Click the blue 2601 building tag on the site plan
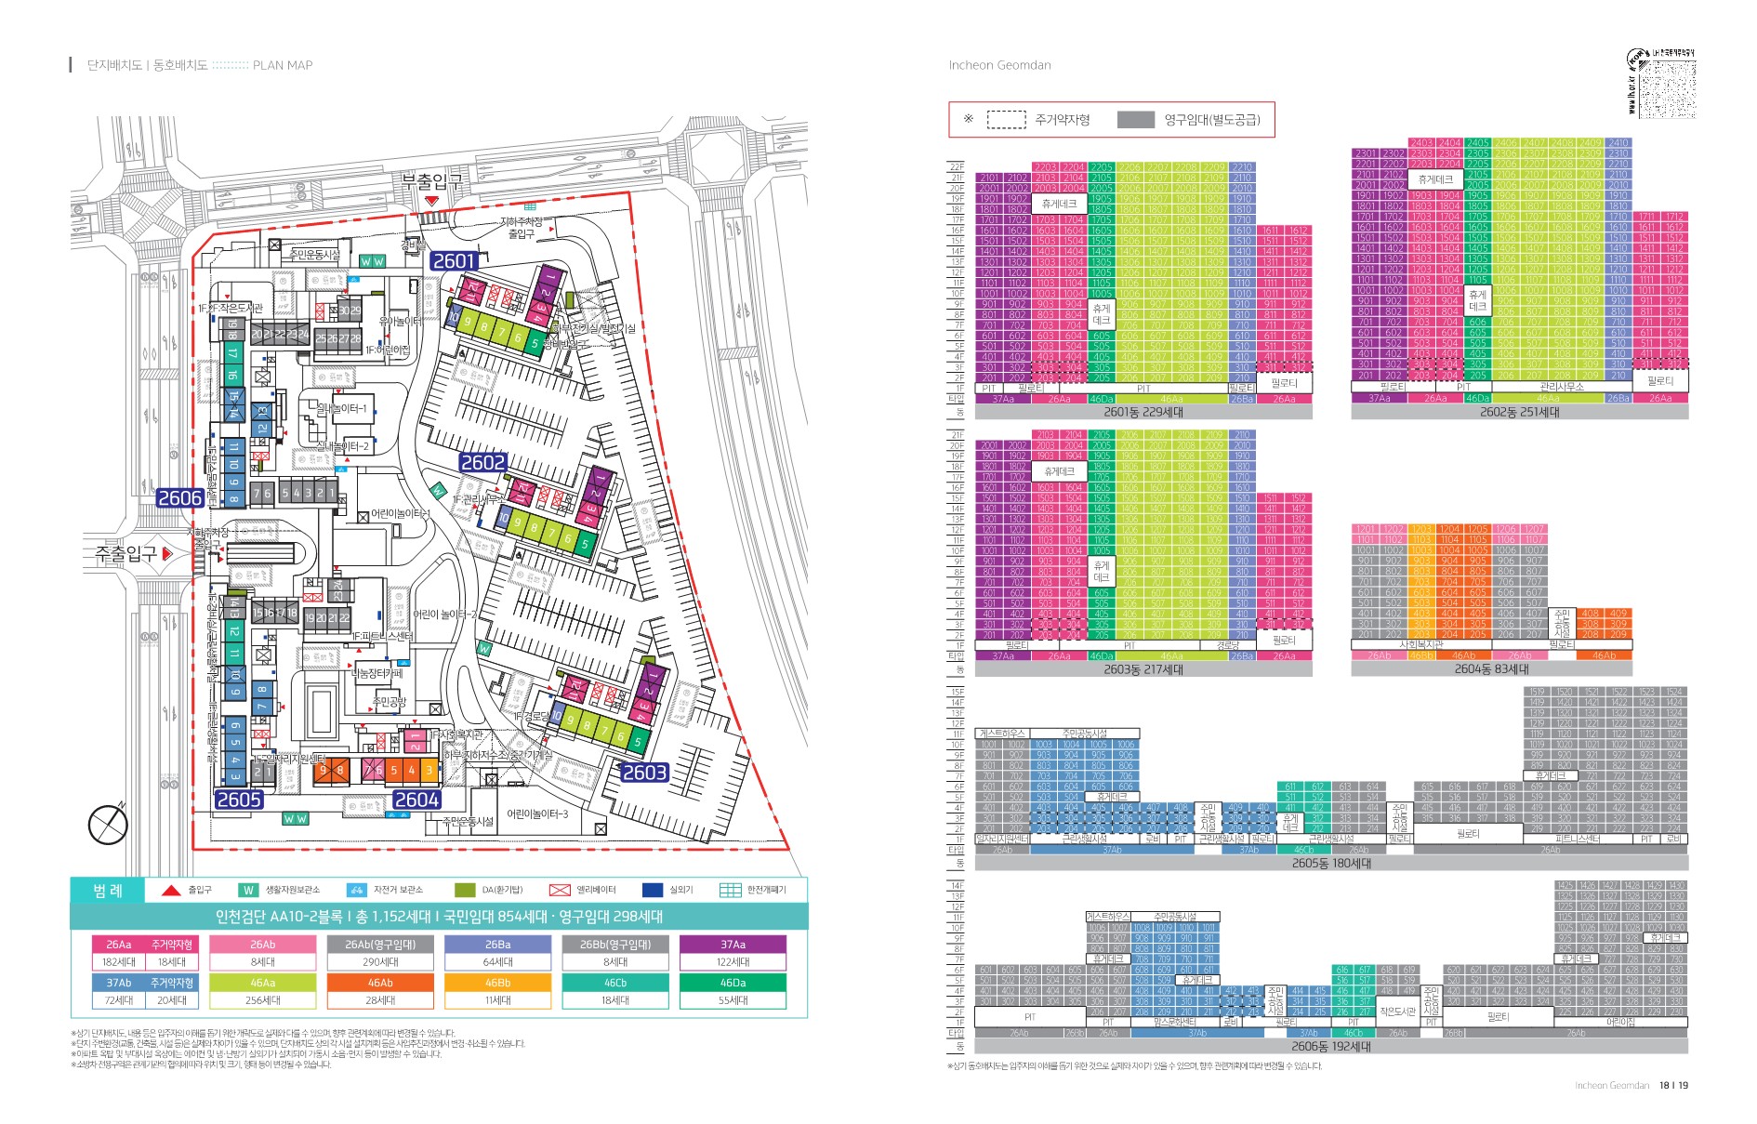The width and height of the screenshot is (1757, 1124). coord(455,261)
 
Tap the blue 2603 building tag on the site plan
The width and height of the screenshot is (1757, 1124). coord(644,773)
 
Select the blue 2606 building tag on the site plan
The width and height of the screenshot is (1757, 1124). coord(180,497)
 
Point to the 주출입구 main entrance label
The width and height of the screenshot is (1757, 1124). coord(126,553)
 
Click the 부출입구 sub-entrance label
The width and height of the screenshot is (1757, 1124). coord(431,180)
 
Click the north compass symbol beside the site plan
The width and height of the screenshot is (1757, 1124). coord(108,824)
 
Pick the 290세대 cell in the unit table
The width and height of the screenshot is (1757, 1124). coord(380,962)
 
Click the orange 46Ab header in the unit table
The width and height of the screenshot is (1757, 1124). coord(380,983)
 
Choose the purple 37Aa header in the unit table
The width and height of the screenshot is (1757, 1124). coord(733,944)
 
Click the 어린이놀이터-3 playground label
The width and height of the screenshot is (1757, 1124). coord(537,813)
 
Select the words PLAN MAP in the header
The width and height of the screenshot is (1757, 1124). coord(283,65)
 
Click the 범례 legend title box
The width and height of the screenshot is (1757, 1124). coord(108,890)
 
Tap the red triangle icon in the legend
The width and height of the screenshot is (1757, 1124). coord(171,890)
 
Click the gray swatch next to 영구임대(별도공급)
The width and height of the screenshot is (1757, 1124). coord(1135,120)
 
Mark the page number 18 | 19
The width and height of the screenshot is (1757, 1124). coord(1673,1085)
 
